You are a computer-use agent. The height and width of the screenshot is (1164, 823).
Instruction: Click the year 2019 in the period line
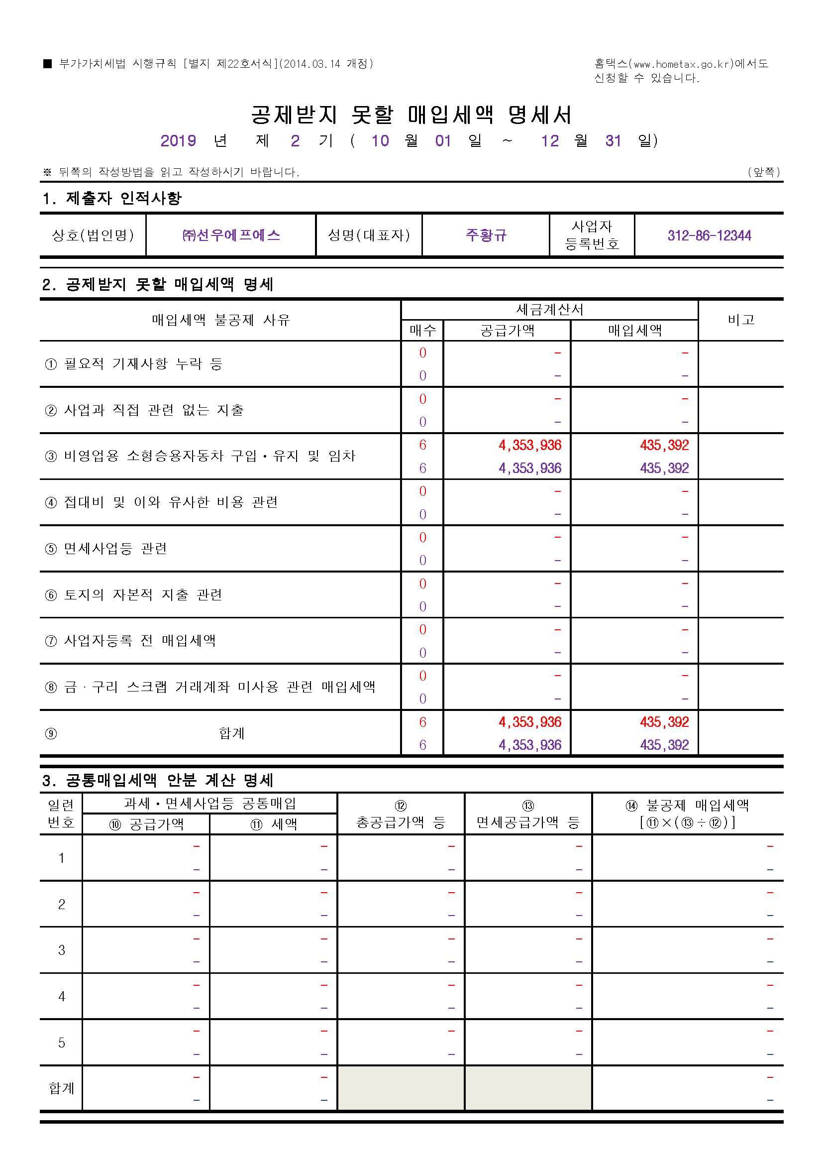(x=179, y=140)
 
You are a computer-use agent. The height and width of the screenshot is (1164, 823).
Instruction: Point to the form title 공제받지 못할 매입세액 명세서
(x=411, y=115)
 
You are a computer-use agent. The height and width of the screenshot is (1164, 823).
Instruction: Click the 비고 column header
(x=741, y=320)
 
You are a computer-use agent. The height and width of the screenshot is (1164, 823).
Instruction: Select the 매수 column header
(x=422, y=331)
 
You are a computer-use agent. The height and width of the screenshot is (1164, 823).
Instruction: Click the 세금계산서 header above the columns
(x=549, y=309)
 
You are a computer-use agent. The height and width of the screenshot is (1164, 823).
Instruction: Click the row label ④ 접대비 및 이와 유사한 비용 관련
(x=161, y=502)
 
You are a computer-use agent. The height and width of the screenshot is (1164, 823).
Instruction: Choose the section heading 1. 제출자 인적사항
(x=111, y=198)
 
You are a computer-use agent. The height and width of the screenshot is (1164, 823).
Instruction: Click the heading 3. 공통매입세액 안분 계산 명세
(x=158, y=780)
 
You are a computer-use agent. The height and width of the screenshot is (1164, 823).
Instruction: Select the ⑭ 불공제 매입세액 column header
(x=687, y=813)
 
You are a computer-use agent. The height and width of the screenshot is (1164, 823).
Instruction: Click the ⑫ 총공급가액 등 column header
(x=401, y=814)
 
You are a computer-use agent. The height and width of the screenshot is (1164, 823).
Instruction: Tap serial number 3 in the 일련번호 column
(x=61, y=950)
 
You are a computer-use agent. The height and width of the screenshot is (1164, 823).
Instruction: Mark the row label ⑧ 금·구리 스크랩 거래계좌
(x=210, y=687)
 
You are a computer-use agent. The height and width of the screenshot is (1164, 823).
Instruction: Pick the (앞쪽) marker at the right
(x=764, y=172)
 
